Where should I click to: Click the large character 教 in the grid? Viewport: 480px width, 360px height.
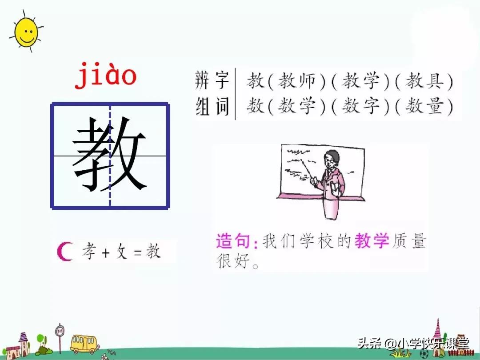109,155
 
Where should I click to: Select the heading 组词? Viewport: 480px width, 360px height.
212,107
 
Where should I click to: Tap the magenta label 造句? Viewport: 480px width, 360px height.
236,241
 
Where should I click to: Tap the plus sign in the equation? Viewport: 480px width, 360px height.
106,252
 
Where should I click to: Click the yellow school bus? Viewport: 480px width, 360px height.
84,343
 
